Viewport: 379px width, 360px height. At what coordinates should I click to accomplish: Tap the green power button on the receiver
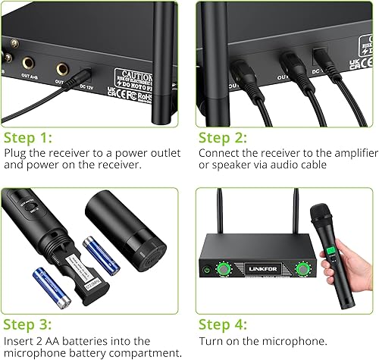[205, 268]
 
